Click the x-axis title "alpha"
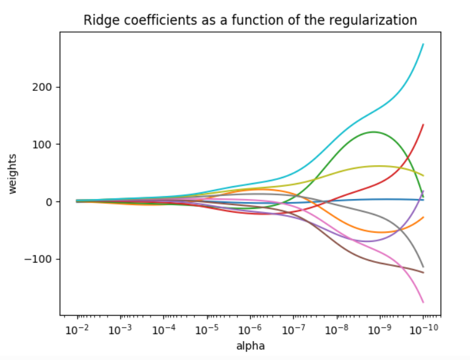pyautogui.click(x=250, y=346)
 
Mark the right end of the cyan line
pyautogui.click(x=423, y=44)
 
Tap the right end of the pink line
pyautogui.click(x=423, y=302)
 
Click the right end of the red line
pyautogui.click(x=423, y=125)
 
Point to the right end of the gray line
pyautogui.click(x=423, y=267)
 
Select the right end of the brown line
pyautogui.click(x=423, y=272)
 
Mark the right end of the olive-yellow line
pyautogui.click(x=423, y=176)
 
